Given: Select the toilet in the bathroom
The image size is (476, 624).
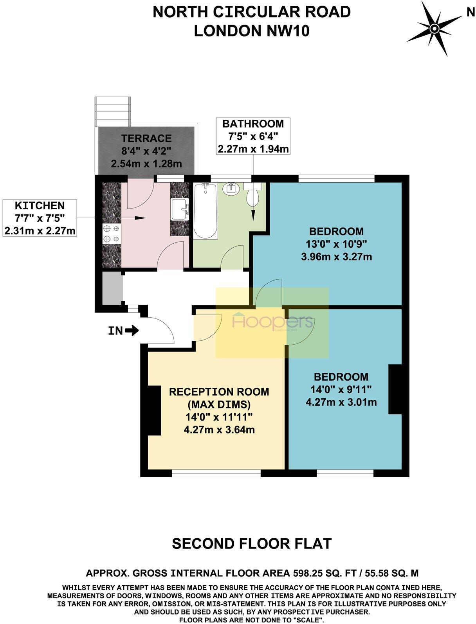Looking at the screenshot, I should [x=253, y=195].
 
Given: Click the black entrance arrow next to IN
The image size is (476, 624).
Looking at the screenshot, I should [x=132, y=331].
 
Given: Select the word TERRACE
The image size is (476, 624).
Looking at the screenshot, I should [x=146, y=138].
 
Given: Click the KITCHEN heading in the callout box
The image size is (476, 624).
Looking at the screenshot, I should [x=40, y=205].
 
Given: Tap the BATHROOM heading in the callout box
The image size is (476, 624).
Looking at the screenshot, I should [x=253, y=124].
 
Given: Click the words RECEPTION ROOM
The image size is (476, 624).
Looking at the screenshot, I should [x=219, y=392].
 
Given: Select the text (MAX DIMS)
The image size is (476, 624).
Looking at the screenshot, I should [x=219, y=404].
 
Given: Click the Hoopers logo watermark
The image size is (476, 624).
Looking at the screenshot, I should [x=272, y=322].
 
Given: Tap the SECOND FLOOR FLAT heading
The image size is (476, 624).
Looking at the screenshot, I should [x=252, y=543].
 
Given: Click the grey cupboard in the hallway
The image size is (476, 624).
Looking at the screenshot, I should [x=112, y=288].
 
